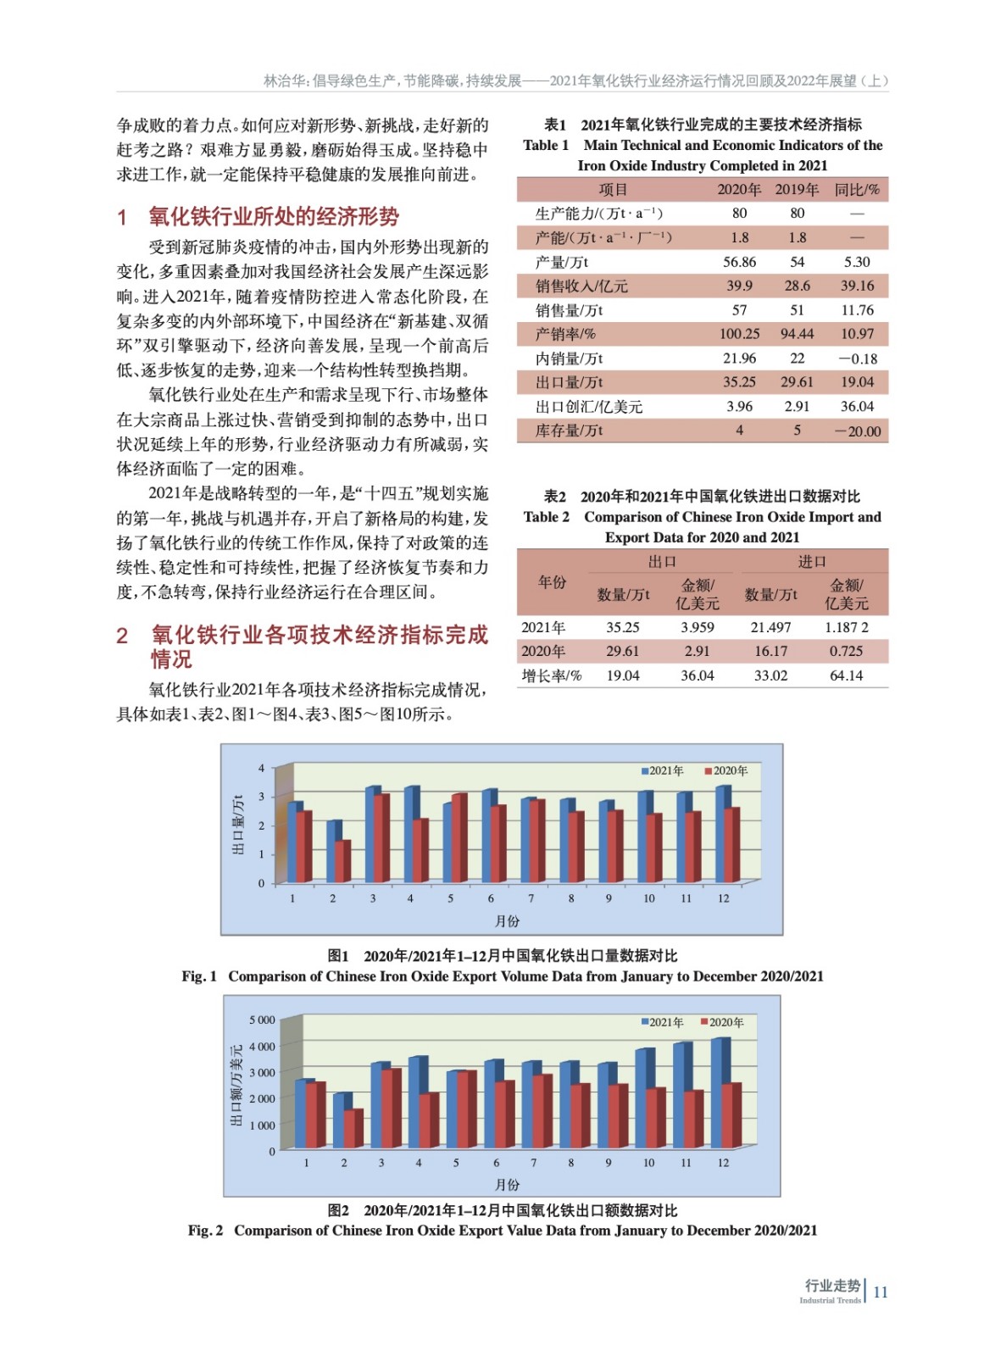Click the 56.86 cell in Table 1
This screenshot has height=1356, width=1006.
739,262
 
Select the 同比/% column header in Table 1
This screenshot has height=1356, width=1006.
857,189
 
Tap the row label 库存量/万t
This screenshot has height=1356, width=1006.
569,431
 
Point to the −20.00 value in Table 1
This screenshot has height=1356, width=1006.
857,431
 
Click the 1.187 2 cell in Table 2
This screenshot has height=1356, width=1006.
846,627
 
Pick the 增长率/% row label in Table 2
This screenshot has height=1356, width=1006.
552,675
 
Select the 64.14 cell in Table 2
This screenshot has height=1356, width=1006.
846,675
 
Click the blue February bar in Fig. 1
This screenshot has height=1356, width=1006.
332,851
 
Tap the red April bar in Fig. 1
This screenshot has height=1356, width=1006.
420,850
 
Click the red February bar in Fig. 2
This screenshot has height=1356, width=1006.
353,1127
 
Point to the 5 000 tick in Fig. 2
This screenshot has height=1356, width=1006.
262,1020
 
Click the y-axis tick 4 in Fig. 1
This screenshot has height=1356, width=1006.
261,768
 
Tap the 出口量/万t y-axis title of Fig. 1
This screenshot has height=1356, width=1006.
238,824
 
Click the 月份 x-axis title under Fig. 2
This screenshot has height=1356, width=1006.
507,1184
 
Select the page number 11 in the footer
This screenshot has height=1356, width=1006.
881,1292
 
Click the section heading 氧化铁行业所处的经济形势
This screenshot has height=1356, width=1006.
274,217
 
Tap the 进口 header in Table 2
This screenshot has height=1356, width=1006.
811,561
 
